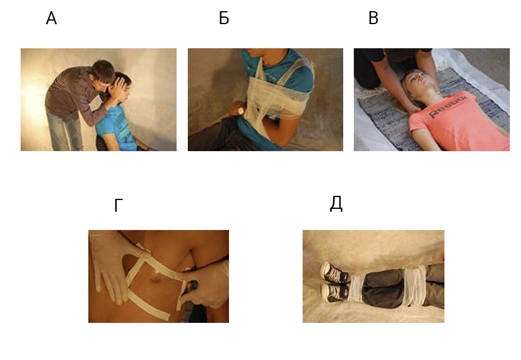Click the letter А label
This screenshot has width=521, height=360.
(51, 18)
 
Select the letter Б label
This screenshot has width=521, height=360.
(224, 18)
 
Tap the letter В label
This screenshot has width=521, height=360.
(373, 18)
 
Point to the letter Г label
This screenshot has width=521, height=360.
(118, 205)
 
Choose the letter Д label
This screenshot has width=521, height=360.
(336, 204)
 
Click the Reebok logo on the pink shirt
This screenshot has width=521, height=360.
(448, 106)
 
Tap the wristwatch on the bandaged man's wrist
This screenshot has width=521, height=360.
(240, 111)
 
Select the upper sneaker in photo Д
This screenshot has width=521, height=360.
(334, 272)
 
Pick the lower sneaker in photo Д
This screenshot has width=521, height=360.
(334, 293)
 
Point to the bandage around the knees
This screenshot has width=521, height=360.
(414, 286)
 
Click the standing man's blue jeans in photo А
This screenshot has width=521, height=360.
(64, 131)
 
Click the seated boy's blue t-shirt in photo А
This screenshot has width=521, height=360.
(118, 128)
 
